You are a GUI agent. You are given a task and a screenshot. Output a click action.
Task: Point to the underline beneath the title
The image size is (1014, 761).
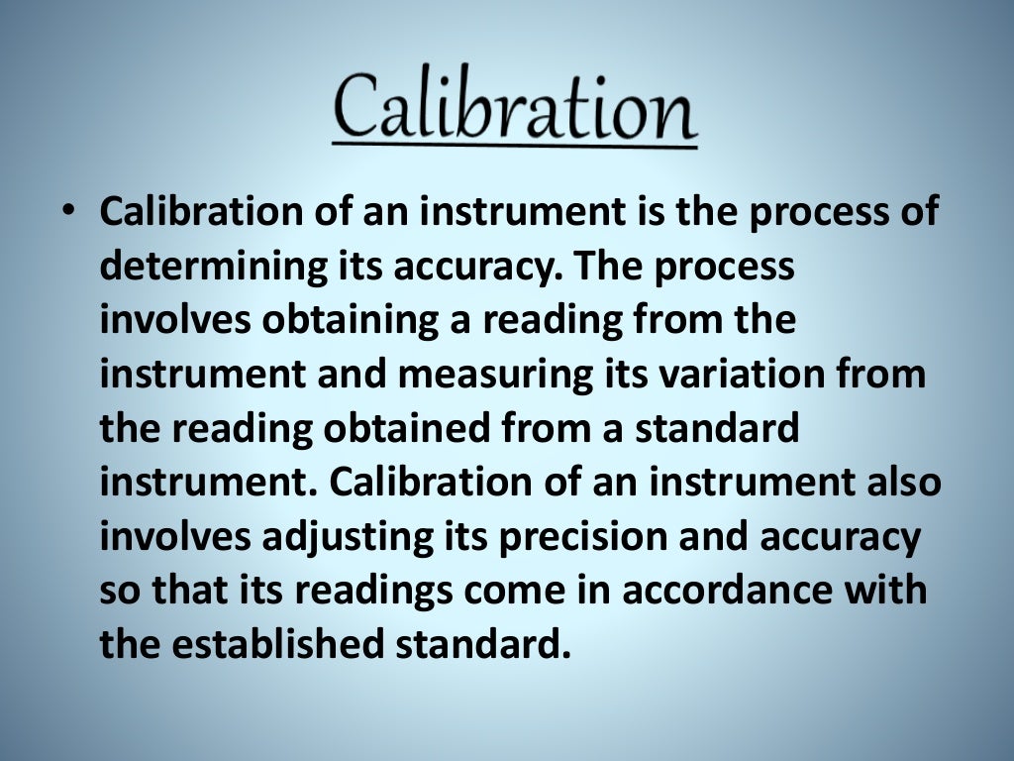514,146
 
